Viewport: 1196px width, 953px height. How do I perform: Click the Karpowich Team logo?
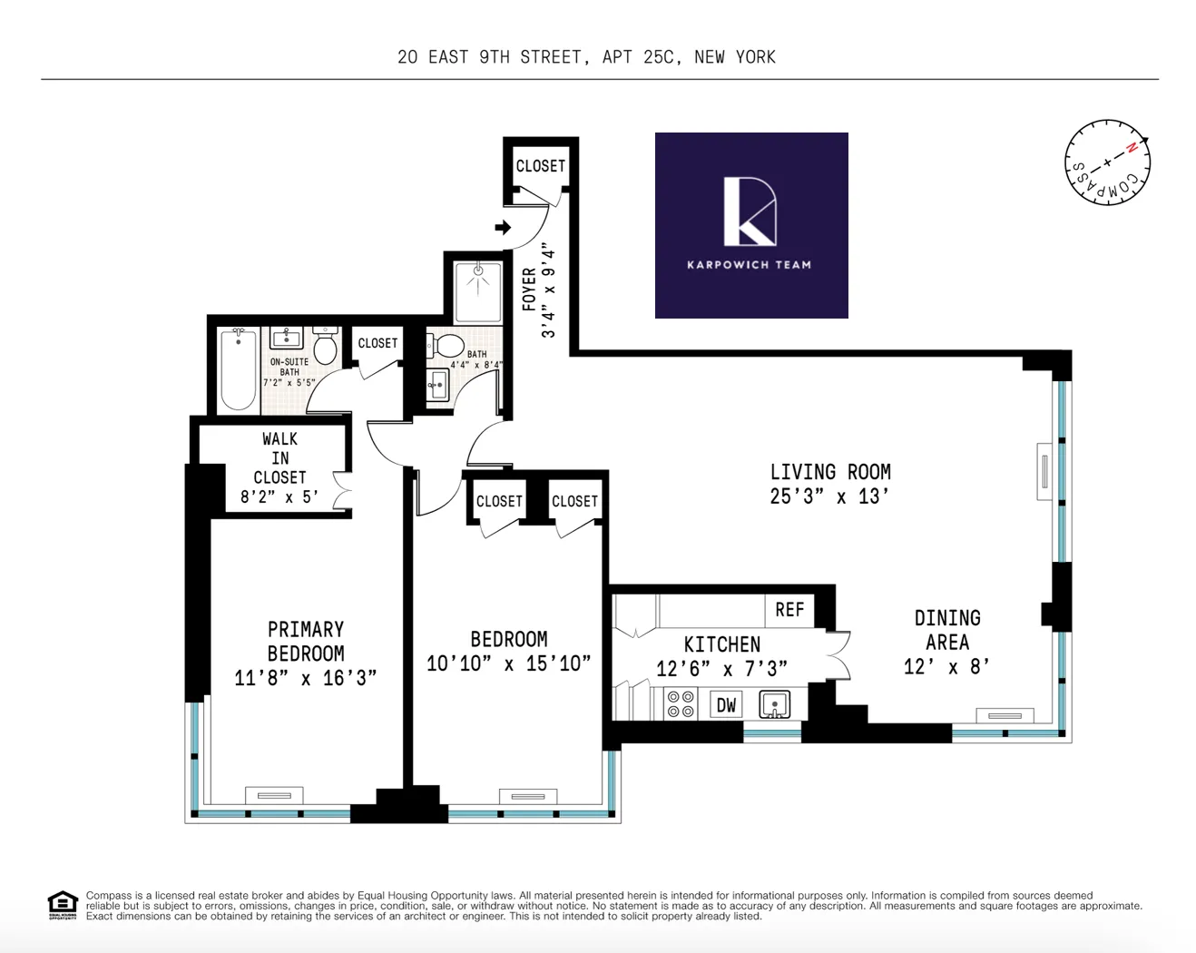(750, 225)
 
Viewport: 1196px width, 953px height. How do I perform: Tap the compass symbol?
(1106, 162)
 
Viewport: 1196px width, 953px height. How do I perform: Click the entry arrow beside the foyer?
(503, 227)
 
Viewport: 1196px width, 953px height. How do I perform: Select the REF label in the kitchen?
(789, 610)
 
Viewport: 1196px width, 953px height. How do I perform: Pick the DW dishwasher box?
(726, 704)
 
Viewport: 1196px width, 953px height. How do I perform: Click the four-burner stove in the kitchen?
(681, 704)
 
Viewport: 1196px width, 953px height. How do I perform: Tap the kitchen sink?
(774, 704)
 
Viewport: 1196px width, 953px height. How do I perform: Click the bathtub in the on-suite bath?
(239, 370)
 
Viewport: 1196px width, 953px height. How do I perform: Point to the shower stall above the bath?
(478, 290)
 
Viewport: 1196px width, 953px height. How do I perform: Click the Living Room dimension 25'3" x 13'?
(829, 496)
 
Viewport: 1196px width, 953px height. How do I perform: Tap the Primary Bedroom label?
(306, 641)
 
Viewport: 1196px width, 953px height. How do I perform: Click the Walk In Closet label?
(279, 457)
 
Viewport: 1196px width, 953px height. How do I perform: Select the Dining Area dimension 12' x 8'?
(946, 666)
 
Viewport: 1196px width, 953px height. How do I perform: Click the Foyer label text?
(529, 290)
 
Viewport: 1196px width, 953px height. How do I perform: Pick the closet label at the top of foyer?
(540, 166)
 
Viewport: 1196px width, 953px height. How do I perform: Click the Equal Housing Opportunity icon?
(63, 905)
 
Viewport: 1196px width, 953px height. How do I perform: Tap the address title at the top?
(586, 57)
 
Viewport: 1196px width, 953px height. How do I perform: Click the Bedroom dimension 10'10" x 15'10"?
(508, 663)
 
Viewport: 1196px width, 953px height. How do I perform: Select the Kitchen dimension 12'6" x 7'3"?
(721, 669)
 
